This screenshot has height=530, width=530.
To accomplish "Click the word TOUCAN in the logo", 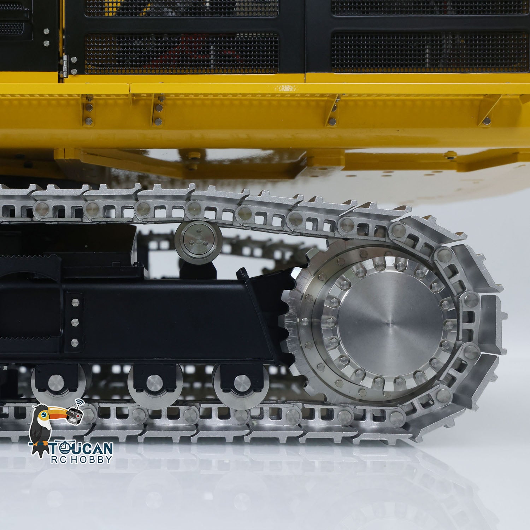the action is pyautogui.click(x=81, y=448).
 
